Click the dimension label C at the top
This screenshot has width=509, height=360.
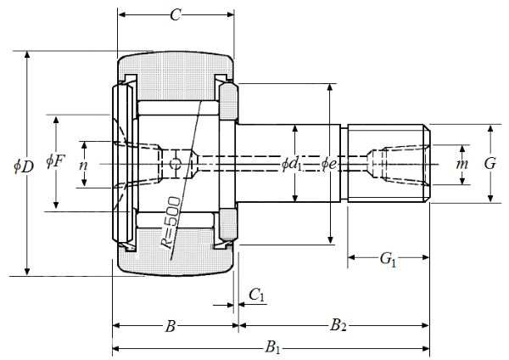coord(176,15)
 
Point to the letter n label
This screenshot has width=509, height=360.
coord(83,165)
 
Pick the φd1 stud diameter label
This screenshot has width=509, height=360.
coord(294,163)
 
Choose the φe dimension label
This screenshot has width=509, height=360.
coord(331,163)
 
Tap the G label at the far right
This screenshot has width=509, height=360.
coord(489,163)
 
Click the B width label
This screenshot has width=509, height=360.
coord(171,324)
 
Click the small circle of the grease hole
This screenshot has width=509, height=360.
coord(175,163)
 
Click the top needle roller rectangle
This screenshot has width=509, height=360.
coord(178,109)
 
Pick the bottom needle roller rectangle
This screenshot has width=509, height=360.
coord(178,219)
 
